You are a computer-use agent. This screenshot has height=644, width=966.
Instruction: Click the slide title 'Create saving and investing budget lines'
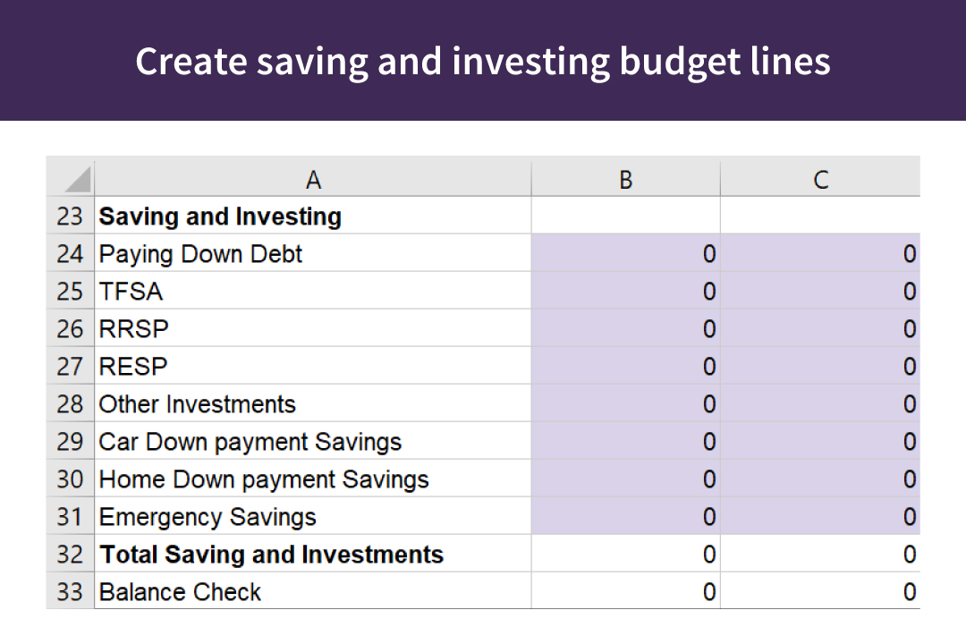(x=483, y=61)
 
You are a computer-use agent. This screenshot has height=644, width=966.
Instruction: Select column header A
(x=313, y=180)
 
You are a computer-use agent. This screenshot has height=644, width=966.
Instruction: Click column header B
(x=625, y=180)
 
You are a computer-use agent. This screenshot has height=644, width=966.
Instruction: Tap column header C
(x=820, y=180)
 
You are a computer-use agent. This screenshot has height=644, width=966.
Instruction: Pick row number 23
(x=70, y=216)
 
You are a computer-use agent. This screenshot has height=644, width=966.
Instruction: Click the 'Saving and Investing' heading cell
(x=220, y=216)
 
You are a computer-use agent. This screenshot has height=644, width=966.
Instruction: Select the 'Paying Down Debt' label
(x=200, y=254)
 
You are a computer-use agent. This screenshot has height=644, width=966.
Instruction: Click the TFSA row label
(x=131, y=292)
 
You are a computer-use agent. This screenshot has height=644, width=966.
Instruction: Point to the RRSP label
(x=133, y=329)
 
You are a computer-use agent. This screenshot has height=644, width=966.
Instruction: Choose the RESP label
(x=133, y=367)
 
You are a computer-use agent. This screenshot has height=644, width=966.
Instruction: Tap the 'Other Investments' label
(x=197, y=404)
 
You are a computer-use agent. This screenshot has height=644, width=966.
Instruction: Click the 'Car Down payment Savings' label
(x=250, y=442)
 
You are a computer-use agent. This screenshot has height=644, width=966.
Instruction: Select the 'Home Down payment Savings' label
(x=264, y=479)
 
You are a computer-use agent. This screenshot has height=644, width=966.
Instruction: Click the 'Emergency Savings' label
(x=208, y=517)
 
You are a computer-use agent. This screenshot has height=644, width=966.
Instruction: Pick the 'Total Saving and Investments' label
(x=272, y=555)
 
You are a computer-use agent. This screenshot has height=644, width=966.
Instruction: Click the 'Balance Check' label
(x=180, y=592)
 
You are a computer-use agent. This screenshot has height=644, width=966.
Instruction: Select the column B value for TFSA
(x=708, y=292)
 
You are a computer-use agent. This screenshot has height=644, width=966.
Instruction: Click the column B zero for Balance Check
(x=708, y=592)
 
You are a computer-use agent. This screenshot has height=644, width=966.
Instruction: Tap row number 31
(x=70, y=517)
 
